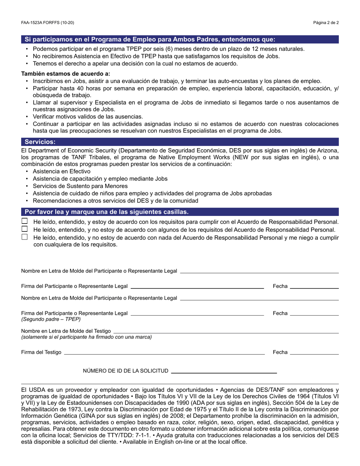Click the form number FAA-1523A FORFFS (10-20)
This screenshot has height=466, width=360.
coord(48,23)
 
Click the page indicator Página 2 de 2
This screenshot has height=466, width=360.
coord(326,23)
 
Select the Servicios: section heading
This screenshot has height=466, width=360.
coord(40,142)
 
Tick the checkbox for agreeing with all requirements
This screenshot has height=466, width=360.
coord(25,221)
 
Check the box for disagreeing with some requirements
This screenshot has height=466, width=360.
coord(25,229)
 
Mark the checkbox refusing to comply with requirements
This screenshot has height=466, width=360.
coord(25,237)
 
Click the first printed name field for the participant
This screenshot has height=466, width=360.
coord(259,271)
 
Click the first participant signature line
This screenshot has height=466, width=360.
coord(197,286)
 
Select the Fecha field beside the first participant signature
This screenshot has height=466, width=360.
coord(314,286)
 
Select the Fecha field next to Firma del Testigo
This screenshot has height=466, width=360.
coord(314,352)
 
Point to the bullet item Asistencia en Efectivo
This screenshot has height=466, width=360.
coord(61,171)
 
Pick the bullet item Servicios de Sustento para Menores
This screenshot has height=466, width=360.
coord(80,186)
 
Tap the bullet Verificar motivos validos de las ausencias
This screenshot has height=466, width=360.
coord(88,117)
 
